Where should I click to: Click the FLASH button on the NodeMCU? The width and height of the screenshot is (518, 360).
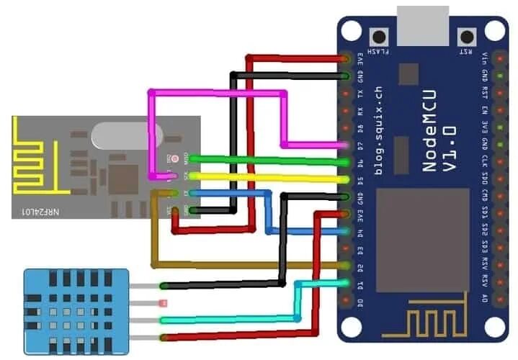click(x=377, y=36)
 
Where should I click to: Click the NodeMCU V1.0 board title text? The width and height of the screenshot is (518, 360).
click(x=439, y=148)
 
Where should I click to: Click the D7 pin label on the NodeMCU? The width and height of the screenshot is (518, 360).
click(x=361, y=146)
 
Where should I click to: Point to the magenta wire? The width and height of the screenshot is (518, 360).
click(x=216, y=93)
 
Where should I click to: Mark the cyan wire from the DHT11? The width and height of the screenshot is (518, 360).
click(x=231, y=320)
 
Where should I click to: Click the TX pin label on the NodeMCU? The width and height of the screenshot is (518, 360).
click(x=361, y=94)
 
